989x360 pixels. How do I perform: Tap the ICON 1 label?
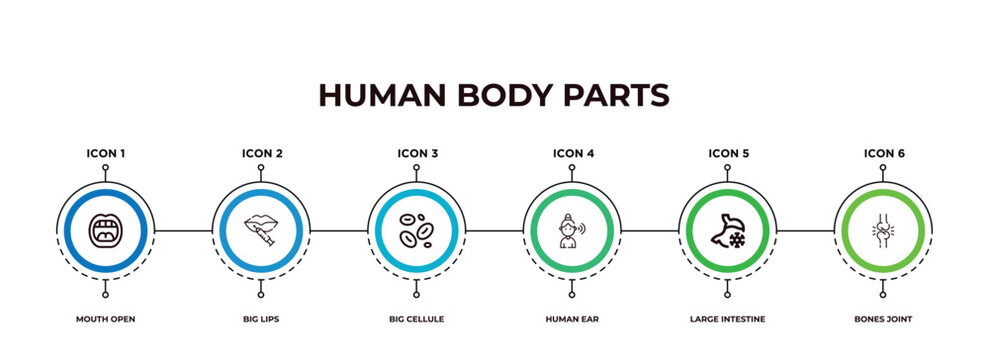coord(106,154)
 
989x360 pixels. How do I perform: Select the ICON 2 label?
coord(262,154)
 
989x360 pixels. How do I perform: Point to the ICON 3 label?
coord(417,154)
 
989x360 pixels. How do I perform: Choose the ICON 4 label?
coord(573,154)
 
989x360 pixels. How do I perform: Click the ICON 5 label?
coord(728,154)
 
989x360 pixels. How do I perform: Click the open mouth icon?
coord(106,230)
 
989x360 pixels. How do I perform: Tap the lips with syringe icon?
coord(262,230)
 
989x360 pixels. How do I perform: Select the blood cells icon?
coord(417,230)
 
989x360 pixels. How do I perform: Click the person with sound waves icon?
coord(573,230)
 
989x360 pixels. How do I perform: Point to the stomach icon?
coord(728,230)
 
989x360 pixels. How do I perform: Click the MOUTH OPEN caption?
coord(106,319)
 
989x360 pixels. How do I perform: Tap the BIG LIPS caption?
coord(262,319)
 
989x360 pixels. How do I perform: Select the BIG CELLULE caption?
coord(417,319)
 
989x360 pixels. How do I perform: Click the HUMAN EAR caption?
coord(573,319)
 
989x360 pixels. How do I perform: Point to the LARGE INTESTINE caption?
coord(728,319)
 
